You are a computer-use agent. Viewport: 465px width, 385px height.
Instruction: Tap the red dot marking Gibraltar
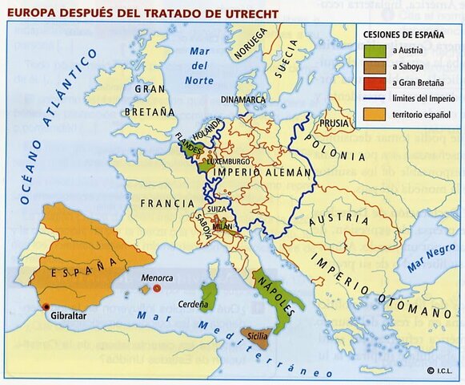[46, 307]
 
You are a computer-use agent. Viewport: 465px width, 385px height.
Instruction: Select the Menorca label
[157, 277]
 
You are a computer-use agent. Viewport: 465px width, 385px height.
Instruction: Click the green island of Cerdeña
[209, 298]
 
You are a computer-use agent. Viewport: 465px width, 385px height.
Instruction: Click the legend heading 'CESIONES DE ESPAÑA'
[405, 34]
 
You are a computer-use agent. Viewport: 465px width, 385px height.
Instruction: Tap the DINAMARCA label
[243, 99]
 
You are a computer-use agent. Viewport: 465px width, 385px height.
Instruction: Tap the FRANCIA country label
[167, 204]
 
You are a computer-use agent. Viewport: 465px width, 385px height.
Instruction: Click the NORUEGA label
[250, 46]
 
